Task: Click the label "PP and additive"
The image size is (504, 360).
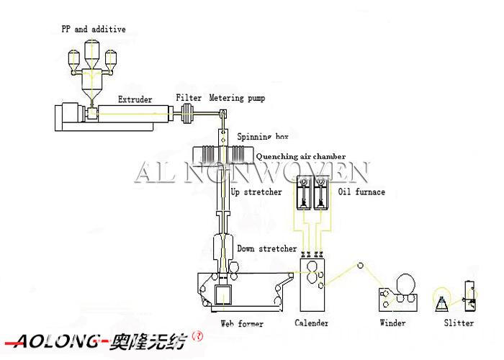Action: click(94, 30)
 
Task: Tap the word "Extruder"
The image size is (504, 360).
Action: click(135, 99)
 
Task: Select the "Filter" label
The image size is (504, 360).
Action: click(189, 97)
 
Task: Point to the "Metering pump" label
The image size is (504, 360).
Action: click(237, 98)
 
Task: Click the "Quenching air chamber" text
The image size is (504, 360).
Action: click(301, 156)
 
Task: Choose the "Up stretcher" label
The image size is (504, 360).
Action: click(256, 192)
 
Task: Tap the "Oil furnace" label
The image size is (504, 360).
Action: click(361, 192)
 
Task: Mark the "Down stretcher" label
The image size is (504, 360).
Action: click(267, 248)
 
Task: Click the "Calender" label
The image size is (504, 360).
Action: click(312, 323)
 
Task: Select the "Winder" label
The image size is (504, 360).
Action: click(393, 323)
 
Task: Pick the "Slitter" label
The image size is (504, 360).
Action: click(459, 323)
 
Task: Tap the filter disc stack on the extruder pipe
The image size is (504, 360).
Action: click(186, 113)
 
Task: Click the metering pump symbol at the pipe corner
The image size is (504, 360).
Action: click(223, 113)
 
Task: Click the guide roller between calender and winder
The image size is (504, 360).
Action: click(360, 266)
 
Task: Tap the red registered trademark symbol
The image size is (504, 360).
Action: click(198, 336)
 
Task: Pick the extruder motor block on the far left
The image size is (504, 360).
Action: click(67, 113)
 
